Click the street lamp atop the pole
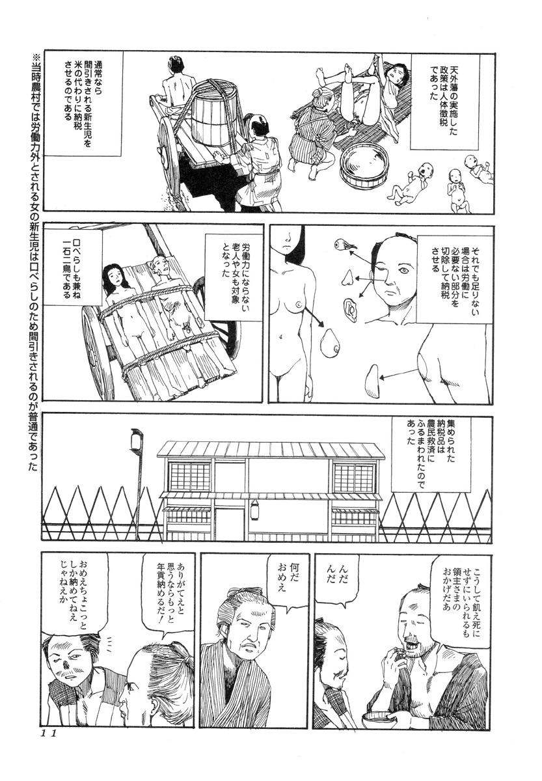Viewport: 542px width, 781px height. click(137, 442)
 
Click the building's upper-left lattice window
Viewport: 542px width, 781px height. click(188, 478)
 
